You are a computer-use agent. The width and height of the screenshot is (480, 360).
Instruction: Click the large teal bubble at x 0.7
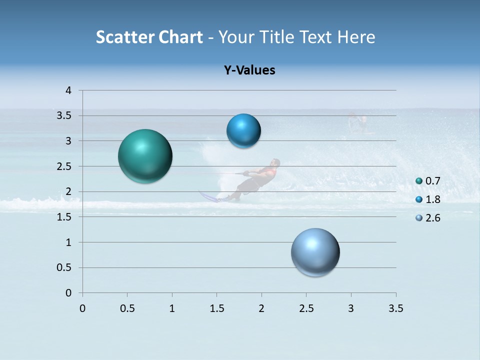click(x=145, y=156)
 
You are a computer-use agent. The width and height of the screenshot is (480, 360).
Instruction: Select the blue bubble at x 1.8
click(x=243, y=131)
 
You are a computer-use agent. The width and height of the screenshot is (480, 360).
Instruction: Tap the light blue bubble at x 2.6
click(x=315, y=252)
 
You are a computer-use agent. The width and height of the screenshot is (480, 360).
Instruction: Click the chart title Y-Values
click(x=249, y=70)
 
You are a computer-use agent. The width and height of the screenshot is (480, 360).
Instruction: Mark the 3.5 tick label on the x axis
click(x=395, y=308)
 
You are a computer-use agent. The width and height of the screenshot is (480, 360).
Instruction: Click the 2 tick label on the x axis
click(x=261, y=308)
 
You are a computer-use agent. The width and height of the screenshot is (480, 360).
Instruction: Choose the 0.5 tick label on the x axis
click(x=127, y=308)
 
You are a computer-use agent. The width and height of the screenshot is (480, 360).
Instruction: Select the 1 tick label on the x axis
click(x=172, y=308)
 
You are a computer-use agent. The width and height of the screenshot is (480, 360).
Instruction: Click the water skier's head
click(x=274, y=163)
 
